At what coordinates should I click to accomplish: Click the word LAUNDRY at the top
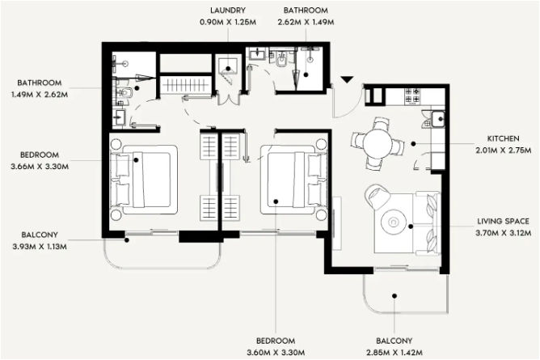[228, 11]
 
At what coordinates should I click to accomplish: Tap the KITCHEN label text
[503, 138]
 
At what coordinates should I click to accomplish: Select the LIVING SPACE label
[503, 221]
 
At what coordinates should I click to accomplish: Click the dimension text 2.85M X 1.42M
[394, 353]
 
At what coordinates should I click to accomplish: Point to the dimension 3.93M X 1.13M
[40, 247]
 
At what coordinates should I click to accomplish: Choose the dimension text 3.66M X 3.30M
[40, 167]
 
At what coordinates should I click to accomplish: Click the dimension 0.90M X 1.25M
[228, 22]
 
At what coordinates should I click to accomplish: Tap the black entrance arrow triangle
[347, 79]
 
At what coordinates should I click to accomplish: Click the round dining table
[378, 144]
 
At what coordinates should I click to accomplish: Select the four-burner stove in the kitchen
[412, 95]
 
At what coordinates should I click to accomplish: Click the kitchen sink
[438, 119]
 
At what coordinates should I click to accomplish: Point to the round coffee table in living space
[394, 222]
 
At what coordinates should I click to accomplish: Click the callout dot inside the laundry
[228, 69]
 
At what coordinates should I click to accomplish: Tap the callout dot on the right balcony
[394, 295]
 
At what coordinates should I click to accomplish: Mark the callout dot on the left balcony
[127, 240]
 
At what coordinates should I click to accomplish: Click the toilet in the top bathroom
[281, 61]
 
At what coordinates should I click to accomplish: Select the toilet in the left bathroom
[124, 92]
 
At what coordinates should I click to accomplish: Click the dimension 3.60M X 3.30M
[276, 353]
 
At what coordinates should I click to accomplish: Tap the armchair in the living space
[378, 197]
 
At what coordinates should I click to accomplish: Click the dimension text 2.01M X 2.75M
[503, 150]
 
